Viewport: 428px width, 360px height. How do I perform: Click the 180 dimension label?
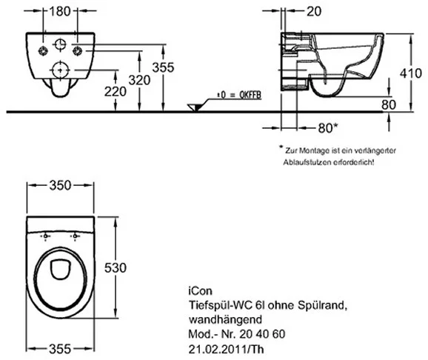point(60,11)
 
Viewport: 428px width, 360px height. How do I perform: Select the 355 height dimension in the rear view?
point(163,67)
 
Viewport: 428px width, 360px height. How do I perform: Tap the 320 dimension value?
point(139,80)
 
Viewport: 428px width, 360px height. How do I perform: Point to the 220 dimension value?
point(116,92)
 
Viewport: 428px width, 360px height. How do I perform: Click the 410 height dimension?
point(411,73)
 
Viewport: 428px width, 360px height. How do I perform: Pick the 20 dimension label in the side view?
point(314,11)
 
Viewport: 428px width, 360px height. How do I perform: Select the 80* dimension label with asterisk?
point(328,127)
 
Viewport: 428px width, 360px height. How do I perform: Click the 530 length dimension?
point(116,268)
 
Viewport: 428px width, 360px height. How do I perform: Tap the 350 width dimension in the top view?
point(60,185)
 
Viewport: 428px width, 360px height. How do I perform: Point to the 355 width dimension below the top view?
point(60,349)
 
